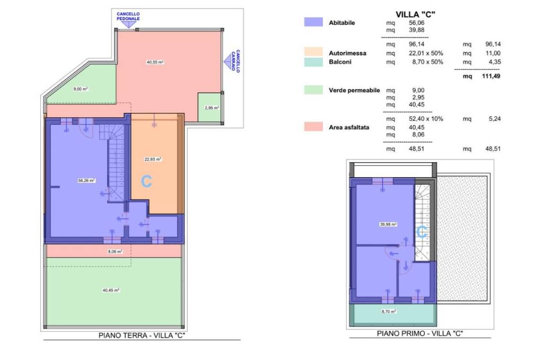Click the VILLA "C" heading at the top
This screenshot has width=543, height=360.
[415, 14]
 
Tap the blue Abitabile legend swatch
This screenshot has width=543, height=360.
[313, 22]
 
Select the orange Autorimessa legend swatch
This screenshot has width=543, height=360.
[313, 52]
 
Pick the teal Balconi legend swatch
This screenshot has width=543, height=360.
[313, 62]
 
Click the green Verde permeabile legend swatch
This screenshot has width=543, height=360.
[313, 90]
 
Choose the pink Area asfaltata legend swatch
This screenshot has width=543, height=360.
[313, 127]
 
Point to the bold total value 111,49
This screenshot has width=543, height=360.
[491, 76]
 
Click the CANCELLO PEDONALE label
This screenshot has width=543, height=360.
[128, 16]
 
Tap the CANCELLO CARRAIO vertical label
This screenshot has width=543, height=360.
[236, 60]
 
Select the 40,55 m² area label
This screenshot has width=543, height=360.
[155, 63]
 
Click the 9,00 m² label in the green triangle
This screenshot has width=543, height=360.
[81, 89]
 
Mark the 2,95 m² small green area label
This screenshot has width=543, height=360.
[212, 108]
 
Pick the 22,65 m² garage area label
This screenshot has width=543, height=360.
[153, 159]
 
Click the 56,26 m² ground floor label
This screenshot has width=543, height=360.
[86, 180]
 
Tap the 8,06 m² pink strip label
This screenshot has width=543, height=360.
[115, 252]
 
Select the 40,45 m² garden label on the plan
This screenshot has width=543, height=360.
[111, 291]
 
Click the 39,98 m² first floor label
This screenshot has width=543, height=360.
[388, 224]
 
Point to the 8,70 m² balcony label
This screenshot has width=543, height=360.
[389, 312]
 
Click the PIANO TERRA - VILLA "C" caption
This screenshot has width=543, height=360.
[142, 336]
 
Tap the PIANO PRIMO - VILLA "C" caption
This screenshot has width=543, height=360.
[420, 333]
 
